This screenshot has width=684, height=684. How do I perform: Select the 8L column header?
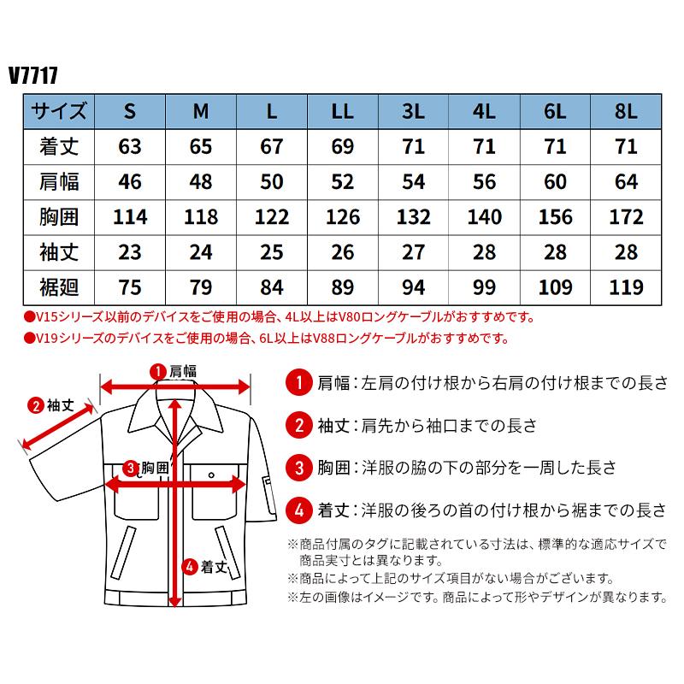pos(626,111)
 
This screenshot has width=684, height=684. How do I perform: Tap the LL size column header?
pos(343,111)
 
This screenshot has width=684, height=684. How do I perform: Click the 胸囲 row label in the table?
pos(59,215)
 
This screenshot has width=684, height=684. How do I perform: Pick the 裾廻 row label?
pos(59,286)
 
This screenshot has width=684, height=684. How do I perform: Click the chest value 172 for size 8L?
pos(626,215)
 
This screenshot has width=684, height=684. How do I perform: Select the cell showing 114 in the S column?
pos(131,215)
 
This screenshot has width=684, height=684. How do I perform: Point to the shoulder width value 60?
pos(556,180)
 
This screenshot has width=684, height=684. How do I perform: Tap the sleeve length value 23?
pos(131,251)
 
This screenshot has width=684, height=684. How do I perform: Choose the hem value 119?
pos(626,286)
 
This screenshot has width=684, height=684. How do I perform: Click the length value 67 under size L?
pos(272,146)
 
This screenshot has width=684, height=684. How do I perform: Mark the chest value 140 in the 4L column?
pos(485,215)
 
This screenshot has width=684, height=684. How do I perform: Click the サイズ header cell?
pos(59,111)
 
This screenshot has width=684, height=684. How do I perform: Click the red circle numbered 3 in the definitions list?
pos(298,467)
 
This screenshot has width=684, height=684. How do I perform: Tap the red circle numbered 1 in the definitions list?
pos(298,381)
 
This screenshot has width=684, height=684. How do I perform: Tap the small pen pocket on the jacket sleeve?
pos(268,492)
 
